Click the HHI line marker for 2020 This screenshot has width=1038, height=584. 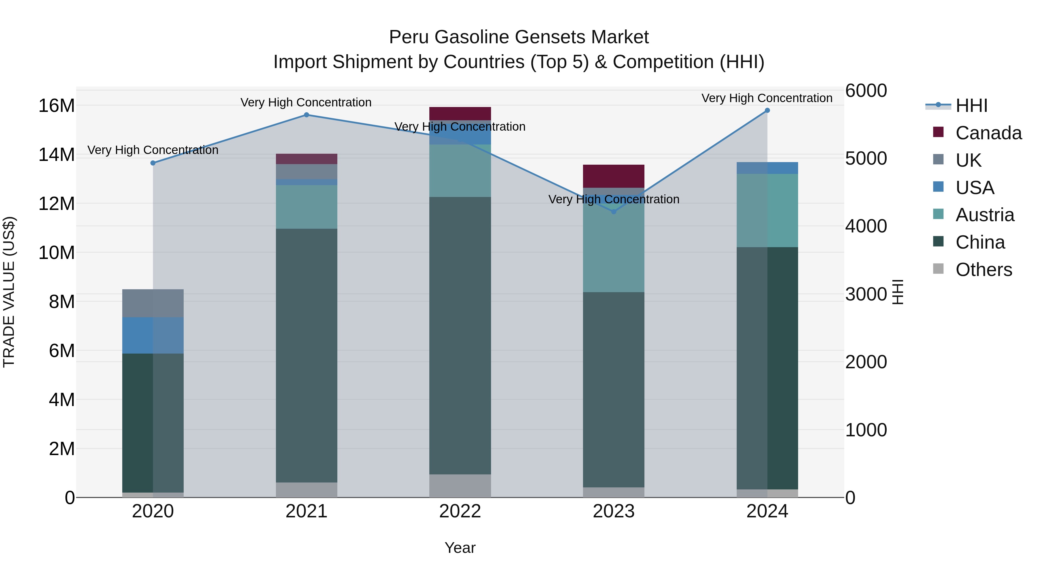coord(153,163)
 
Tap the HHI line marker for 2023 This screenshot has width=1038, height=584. coord(614,212)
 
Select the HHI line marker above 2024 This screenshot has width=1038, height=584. coord(767,110)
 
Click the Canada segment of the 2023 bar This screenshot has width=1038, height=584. coord(614,176)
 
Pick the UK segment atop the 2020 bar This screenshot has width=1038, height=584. coord(153,303)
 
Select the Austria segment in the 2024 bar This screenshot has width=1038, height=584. coord(767,211)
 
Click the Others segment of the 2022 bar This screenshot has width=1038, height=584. coord(460,485)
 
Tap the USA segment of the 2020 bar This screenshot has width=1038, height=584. coord(153,335)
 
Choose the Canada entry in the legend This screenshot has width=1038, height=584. coord(988,133)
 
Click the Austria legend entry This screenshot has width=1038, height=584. coord(984,215)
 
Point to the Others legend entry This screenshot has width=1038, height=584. coord(983,270)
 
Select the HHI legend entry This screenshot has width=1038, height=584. coord(971,106)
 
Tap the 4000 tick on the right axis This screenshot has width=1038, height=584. coord(866,226)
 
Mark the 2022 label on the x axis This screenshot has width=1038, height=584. coord(460,511)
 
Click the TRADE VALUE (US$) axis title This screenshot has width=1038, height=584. coord(9,292)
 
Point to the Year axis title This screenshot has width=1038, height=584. coord(460,548)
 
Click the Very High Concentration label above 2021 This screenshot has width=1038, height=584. coord(306,102)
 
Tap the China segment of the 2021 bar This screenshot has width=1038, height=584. coord(306,355)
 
